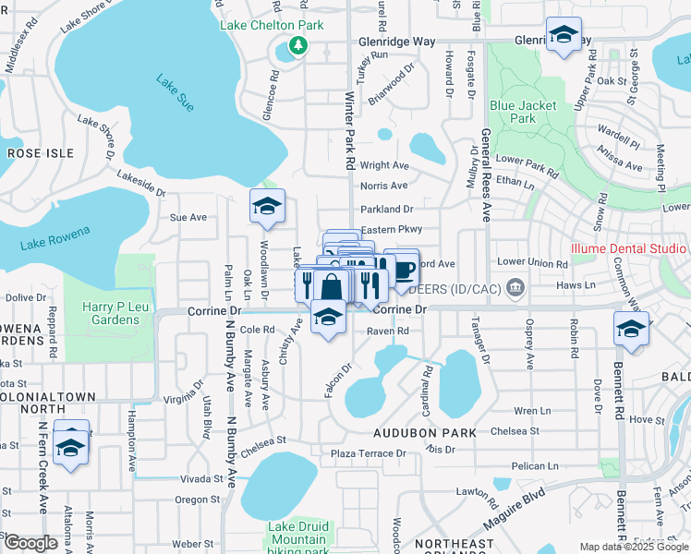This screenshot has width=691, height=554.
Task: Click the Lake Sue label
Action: [x=175, y=95]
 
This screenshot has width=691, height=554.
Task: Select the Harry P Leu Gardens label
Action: [x=110, y=314]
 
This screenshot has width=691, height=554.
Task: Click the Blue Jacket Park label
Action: [x=524, y=112]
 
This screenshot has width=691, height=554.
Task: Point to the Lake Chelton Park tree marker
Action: [x=297, y=44]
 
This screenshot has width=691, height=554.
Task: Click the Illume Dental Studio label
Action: [x=628, y=248]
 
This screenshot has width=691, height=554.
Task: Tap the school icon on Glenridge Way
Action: [x=564, y=36]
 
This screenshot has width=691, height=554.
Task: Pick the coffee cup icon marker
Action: [x=403, y=269]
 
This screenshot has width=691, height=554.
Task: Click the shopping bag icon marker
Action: [x=332, y=287]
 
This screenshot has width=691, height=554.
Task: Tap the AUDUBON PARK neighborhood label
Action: [x=424, y=432]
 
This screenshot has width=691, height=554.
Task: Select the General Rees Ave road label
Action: [x=486, y=175]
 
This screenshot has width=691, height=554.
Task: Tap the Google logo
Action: [x=30, y=543]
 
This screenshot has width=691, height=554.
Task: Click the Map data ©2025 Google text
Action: [x=634, y=547]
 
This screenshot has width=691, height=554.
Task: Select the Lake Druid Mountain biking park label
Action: [x=298, y=539]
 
